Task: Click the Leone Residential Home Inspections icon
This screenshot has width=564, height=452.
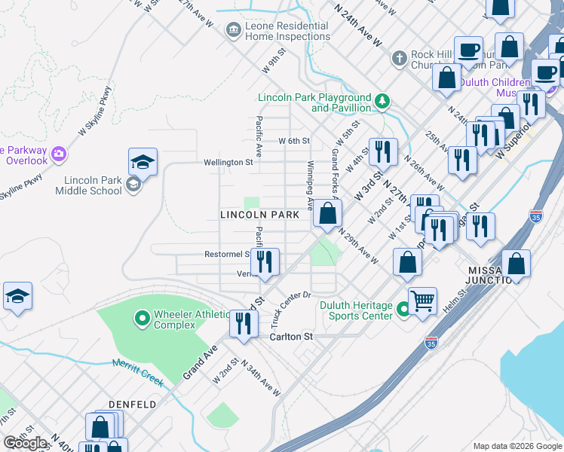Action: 234,29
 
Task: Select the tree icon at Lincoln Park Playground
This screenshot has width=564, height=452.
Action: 383,101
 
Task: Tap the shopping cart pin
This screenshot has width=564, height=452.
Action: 422,301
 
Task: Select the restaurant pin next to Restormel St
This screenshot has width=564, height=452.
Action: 264,262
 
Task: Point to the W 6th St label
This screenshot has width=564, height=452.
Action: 294,141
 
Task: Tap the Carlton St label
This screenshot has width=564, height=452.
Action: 291,337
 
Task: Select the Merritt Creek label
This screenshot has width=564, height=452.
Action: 138,372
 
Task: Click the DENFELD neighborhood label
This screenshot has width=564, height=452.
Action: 132,405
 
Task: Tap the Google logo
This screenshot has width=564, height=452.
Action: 26,443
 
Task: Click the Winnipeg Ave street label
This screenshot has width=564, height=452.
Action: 310,185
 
